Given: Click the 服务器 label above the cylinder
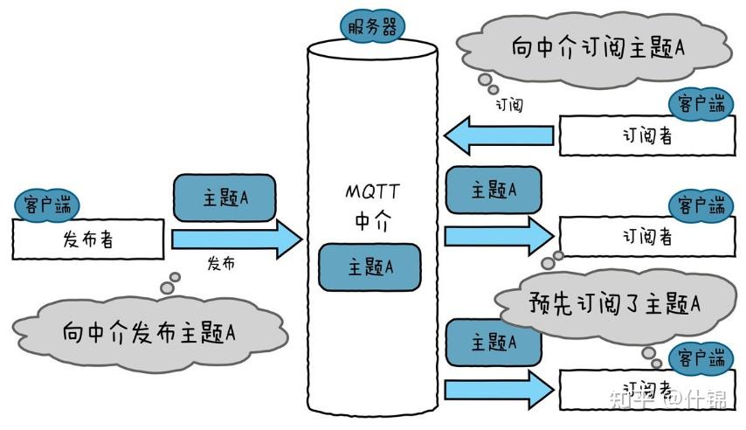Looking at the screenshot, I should (x=372, y=26).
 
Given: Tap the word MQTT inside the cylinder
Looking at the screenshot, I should (x=372, y=191).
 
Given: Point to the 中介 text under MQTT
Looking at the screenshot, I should (x=372, y=221).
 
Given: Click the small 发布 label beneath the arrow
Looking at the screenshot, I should (x=221, y=262).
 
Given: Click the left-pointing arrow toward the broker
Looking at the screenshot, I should (x=498, y=135).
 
